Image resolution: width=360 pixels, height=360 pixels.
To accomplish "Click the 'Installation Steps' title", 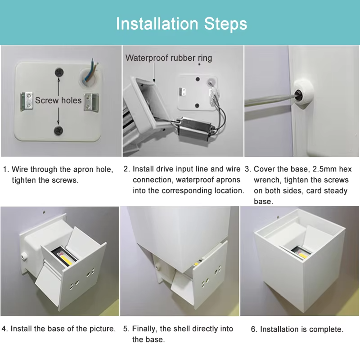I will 181,23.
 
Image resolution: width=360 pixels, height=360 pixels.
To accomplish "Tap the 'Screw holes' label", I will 58,100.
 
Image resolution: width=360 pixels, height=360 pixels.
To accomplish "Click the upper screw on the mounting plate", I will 58,72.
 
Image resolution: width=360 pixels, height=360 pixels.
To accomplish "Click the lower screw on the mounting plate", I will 58,130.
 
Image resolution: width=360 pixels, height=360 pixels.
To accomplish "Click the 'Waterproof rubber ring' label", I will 168,58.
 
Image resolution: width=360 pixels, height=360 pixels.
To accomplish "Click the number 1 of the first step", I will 5,170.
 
